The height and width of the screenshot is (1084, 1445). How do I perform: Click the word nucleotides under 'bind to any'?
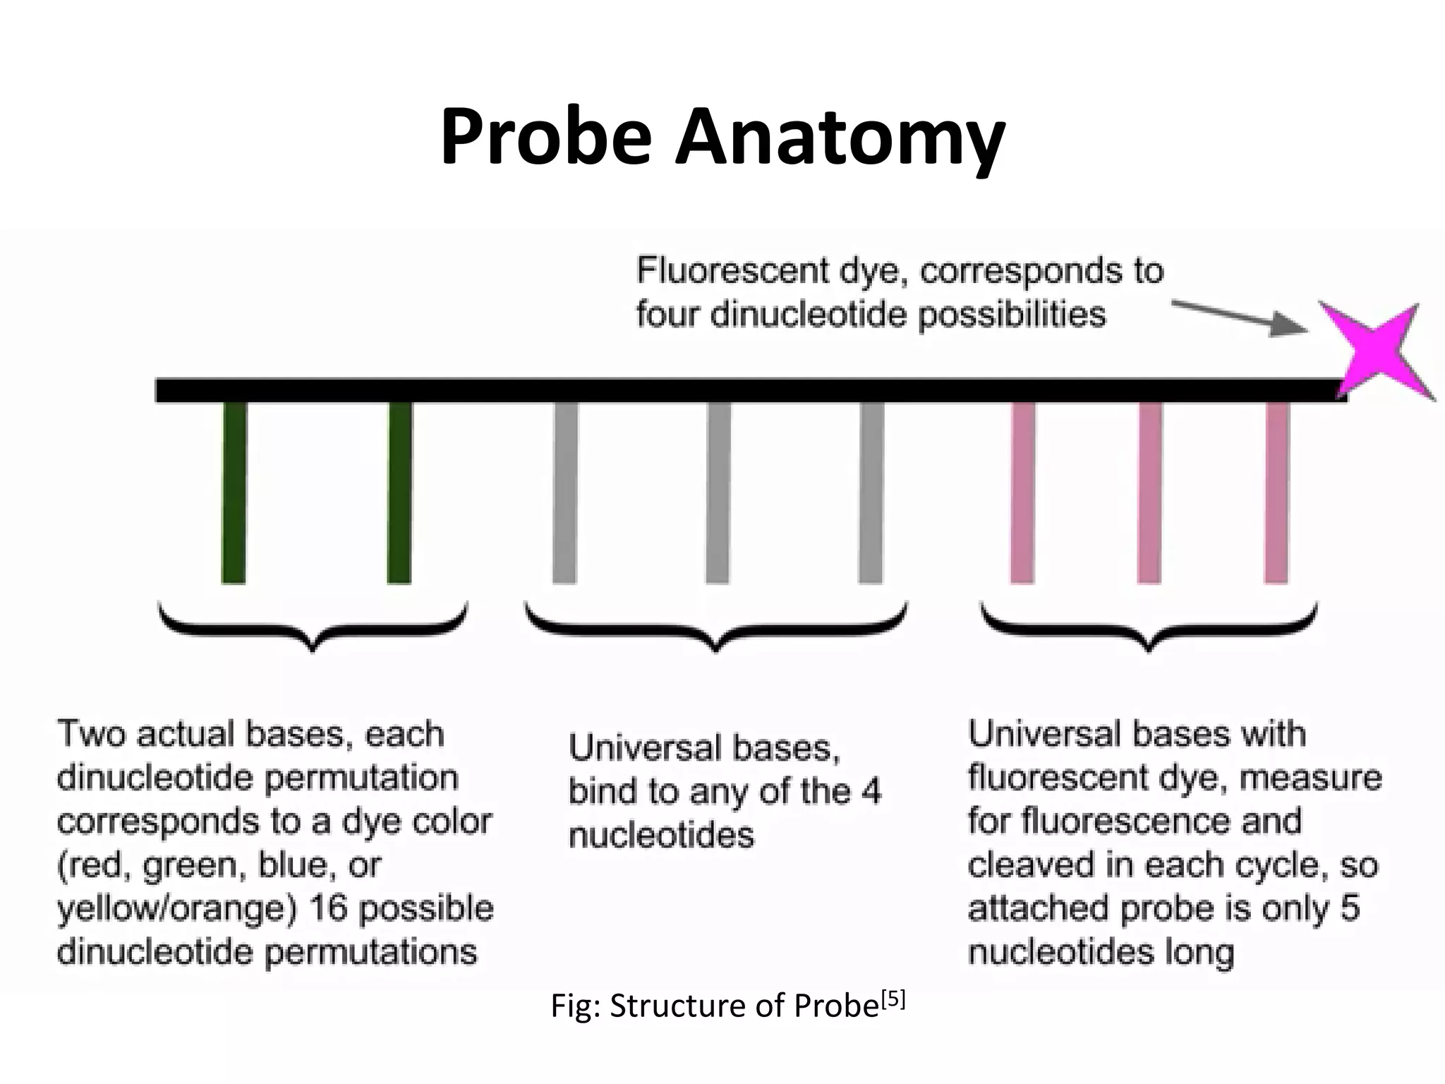(661, 836)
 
